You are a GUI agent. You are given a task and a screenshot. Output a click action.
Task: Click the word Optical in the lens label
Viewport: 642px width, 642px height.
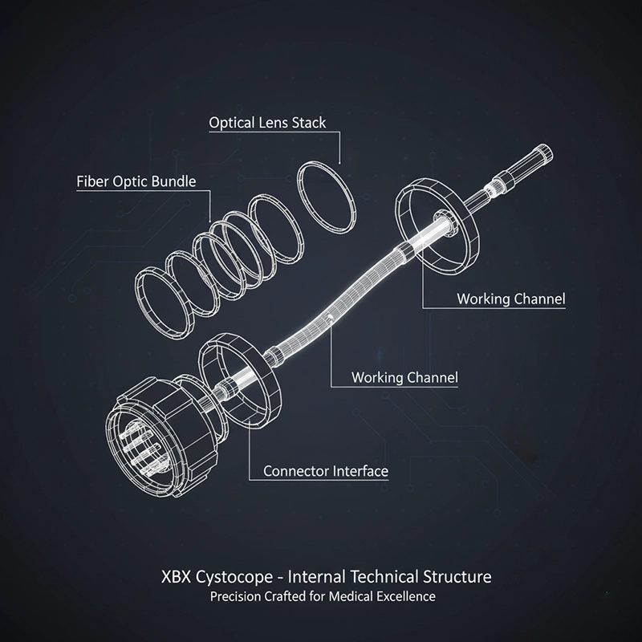click(232, 123)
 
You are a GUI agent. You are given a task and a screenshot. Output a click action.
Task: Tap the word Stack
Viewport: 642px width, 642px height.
click(309, 123)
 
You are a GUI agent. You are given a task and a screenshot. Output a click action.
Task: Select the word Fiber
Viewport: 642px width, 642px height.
click(92, 181)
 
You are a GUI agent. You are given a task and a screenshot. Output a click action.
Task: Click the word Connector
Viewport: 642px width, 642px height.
click(295, 471)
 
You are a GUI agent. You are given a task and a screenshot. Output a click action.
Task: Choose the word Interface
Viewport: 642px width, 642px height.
click(360, 471)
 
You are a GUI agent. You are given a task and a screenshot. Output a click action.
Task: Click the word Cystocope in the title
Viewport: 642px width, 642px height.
click(234, 577)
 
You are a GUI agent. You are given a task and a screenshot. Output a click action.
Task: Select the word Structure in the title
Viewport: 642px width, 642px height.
click(457, 576)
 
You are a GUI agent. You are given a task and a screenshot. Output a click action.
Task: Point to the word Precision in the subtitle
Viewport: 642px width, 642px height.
click(235, 596)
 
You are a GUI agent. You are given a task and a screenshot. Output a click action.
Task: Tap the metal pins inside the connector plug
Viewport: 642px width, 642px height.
click(145, 450)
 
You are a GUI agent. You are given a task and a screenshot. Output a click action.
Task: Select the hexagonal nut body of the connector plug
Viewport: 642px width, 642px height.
click(186, 426)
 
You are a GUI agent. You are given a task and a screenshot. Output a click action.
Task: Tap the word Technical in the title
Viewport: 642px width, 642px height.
click(384, 576)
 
